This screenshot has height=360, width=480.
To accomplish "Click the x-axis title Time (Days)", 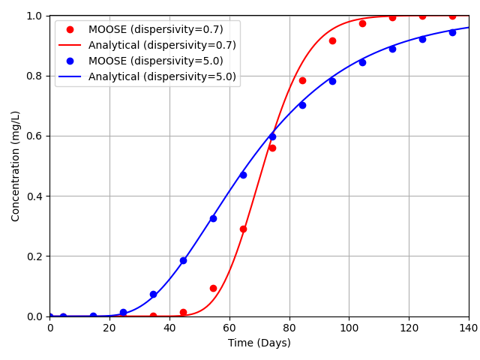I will [259, 343].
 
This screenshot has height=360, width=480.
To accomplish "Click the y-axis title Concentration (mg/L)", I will [16, 166].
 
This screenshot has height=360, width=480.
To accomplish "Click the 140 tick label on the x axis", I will [469, 328].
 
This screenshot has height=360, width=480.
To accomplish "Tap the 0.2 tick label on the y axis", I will [32, 256].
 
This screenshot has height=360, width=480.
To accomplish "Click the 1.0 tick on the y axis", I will [32, 16].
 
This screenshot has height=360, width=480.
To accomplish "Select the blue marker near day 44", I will [183, 260].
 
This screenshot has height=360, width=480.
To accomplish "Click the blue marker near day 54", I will [213, 218].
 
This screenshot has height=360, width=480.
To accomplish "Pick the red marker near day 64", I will [243, 229].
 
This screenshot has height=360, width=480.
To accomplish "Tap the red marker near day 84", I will [302, 80].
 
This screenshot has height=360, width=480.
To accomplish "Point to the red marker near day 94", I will [332, 40].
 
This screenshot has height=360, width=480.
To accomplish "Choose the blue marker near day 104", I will [362, 62].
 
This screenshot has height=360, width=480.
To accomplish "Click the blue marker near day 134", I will [452, 32].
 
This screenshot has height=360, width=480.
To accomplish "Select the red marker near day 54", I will [213, 288].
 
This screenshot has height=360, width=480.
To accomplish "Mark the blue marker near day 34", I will [153, 294].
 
